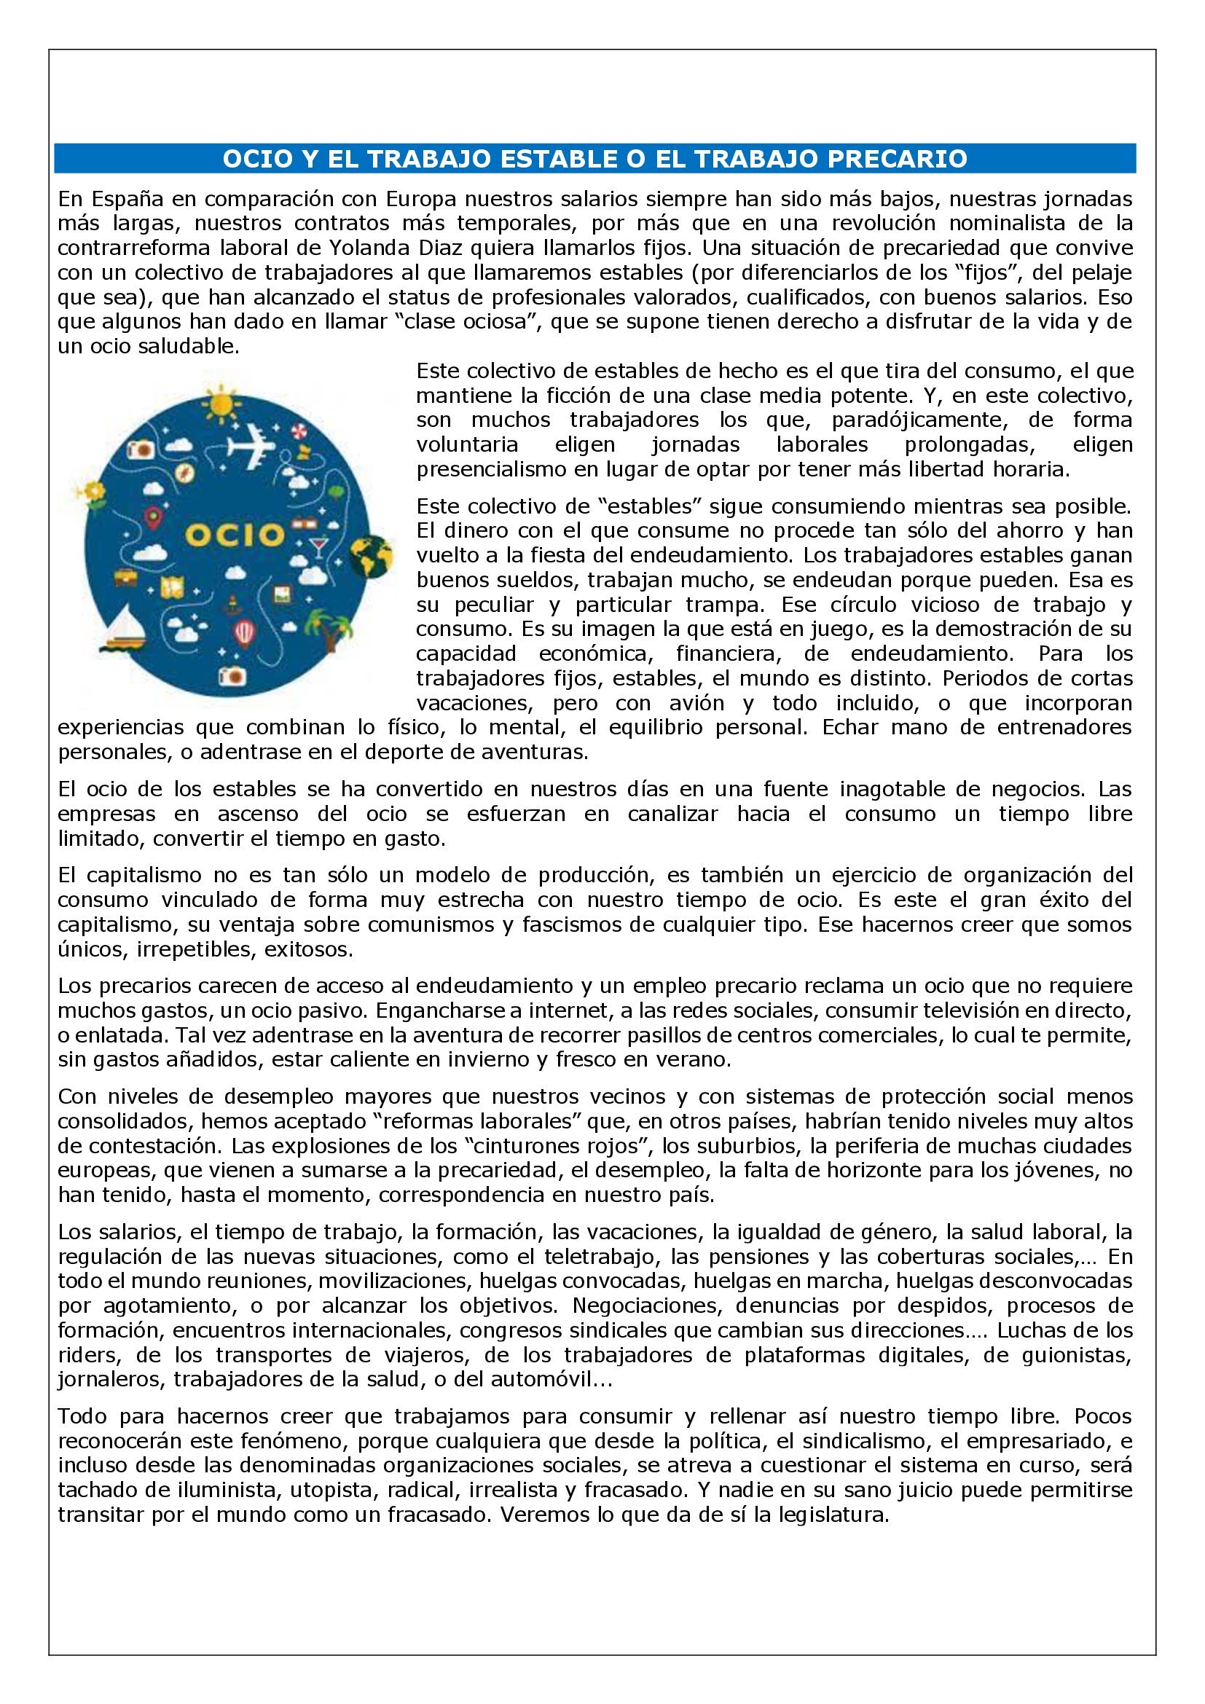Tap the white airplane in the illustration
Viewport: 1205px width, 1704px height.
tap(252, 445)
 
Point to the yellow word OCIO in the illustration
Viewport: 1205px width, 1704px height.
tap(234, 533)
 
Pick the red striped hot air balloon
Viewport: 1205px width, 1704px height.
tap(245, 632)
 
